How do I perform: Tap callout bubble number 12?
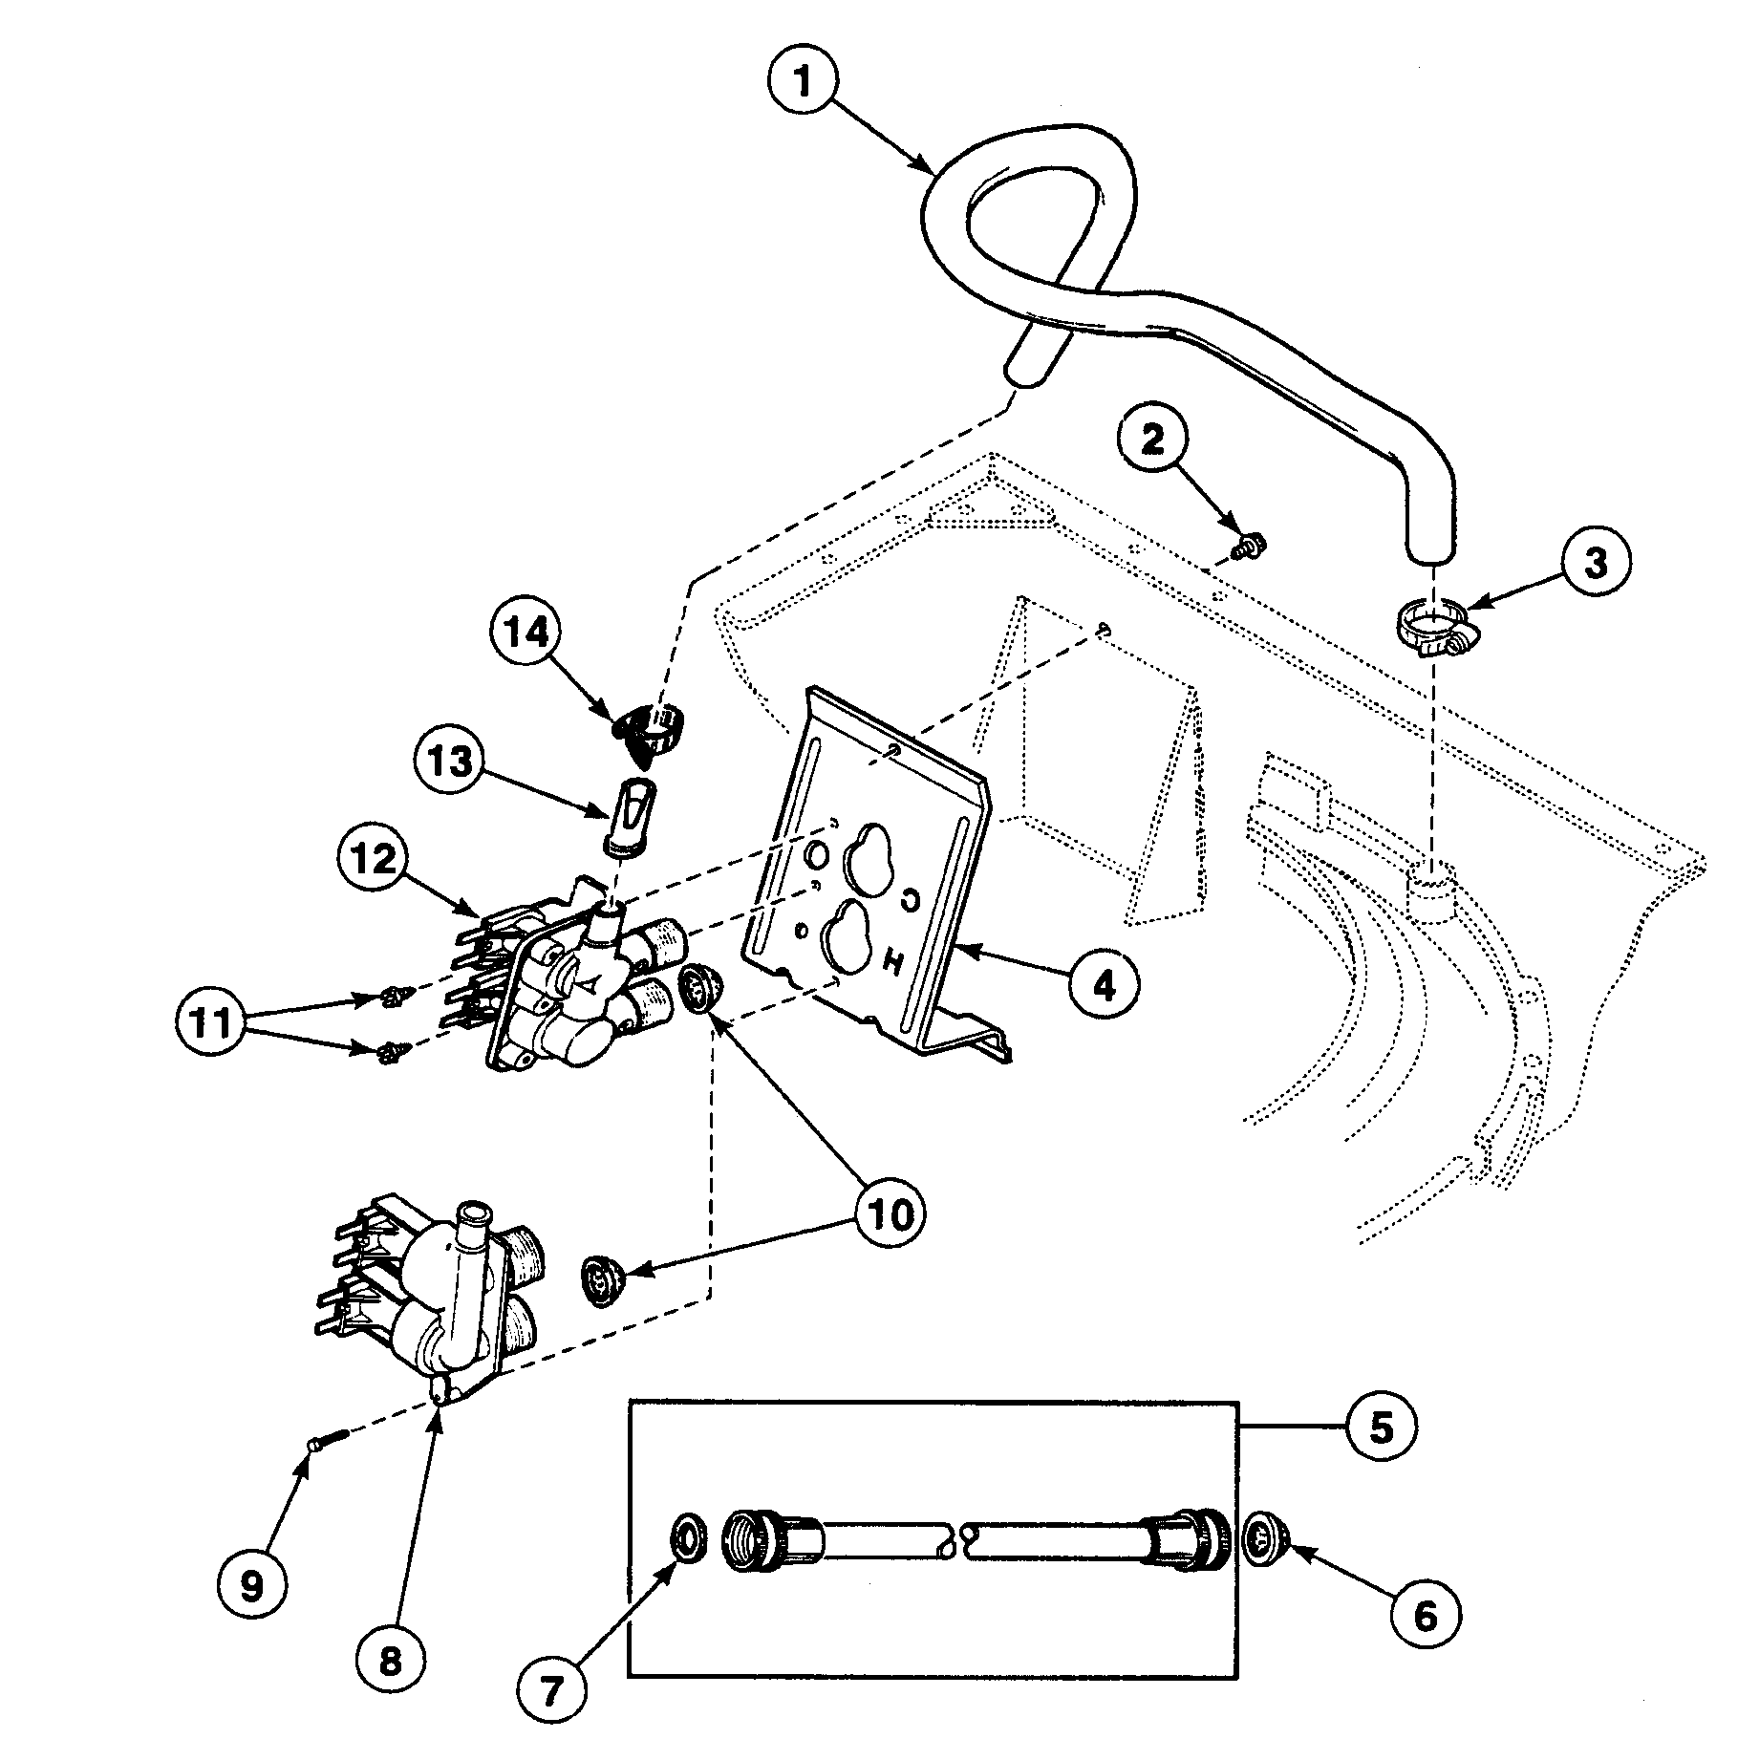(x=375, y=861)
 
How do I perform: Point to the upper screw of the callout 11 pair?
(x=390, y=999)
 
